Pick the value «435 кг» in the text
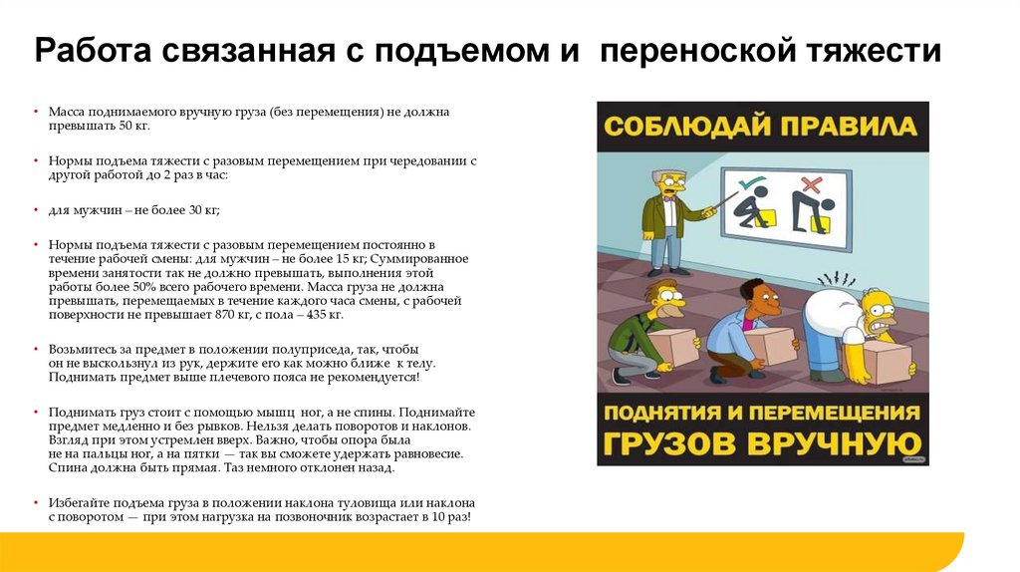pyautogui.click(x=326, y=314)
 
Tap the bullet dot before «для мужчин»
pyautogui.click(x=36, y=210)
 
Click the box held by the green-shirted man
pyautogui.click(x=677, y=347)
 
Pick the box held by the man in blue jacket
pyautogui.click(x=771, y=346)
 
